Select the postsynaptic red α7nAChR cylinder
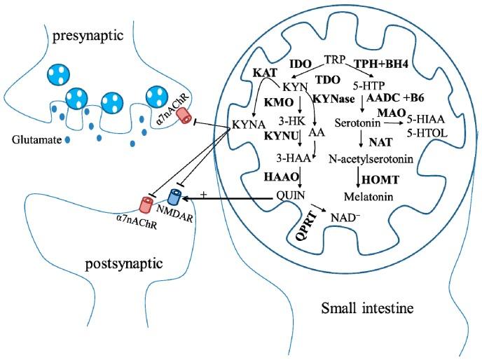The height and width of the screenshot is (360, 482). pyautogui.click(x=147, y=204)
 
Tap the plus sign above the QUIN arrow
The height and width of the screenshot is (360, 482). pyautogui.click(x=204, y=194)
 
